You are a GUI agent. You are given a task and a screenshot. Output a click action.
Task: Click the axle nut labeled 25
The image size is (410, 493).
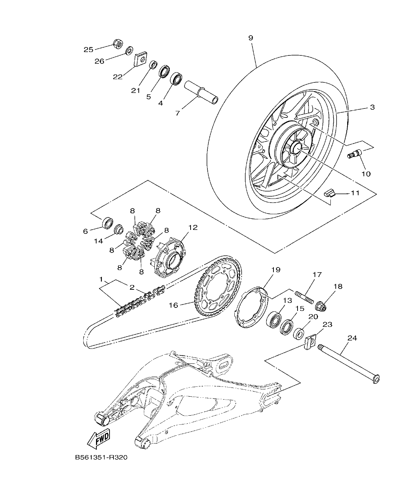point(117,43)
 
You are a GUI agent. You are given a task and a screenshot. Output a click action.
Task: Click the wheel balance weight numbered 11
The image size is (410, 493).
point(330,193)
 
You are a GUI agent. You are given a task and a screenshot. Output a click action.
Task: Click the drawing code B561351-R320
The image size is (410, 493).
point(101,457)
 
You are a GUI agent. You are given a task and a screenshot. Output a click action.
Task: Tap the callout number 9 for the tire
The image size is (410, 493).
point(250,38)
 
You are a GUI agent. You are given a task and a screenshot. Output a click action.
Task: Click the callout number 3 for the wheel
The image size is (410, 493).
point(372,107)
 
